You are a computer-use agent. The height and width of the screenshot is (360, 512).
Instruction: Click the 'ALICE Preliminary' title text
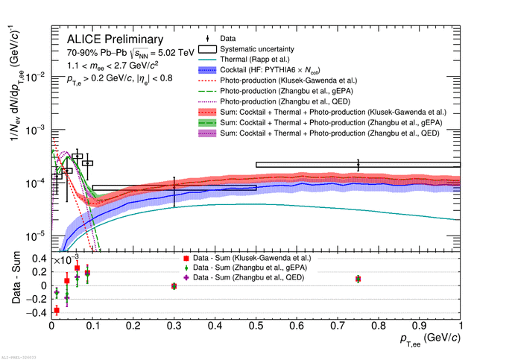click(114, 40)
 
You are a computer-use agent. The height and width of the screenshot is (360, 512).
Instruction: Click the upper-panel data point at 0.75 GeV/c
click(358, 164)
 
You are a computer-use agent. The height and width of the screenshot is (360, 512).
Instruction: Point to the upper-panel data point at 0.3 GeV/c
click(174, 192)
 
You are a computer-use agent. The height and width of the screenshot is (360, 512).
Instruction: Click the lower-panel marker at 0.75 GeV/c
click(358, 279)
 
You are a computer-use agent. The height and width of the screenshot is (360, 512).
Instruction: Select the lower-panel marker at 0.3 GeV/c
click(174, 285)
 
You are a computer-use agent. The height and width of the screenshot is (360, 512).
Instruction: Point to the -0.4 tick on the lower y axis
click(37, 313)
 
